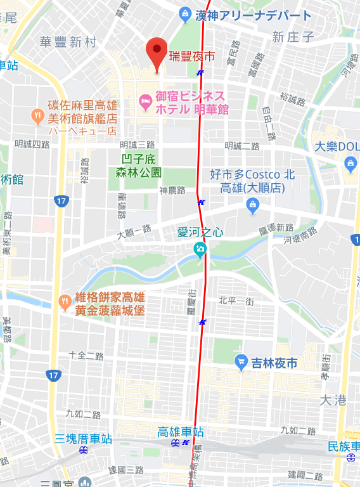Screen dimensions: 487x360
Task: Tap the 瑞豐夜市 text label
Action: tap(191, 57)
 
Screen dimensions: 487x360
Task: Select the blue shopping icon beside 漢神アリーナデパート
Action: tap(184, 13)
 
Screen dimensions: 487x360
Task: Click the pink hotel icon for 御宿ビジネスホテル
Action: tap(144, 100)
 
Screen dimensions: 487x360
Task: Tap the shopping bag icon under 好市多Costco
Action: tap(253, 204)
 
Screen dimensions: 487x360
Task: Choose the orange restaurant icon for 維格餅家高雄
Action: tap(64, 301)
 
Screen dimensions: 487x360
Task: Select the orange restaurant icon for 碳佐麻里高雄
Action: tap(37, 115)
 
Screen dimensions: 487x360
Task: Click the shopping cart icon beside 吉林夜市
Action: tap(241, 363)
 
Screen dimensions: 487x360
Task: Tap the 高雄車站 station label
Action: tap(181, 432)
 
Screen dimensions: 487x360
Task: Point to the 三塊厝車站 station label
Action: tap(83, 439)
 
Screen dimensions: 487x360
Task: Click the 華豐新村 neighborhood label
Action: tap(68, 42)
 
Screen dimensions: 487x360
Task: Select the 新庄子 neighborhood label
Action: tap(293, 37)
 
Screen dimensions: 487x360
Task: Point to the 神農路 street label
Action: tap(172, 190)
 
